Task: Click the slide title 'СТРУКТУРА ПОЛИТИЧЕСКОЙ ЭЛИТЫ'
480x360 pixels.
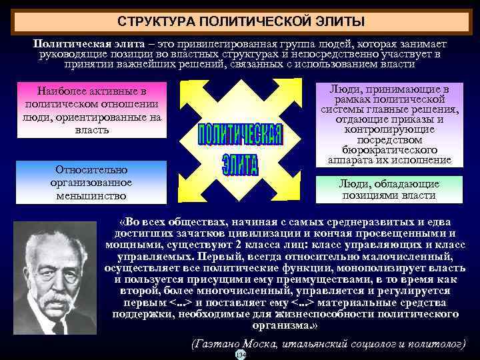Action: pos(241,22)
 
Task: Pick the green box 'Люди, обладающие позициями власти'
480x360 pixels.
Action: pos(389,189)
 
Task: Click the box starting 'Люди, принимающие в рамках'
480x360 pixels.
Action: pos(389,125)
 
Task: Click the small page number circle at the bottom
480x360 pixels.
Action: pos(241,355)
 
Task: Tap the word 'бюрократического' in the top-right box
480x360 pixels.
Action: pos(389,150)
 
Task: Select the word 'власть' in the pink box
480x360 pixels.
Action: pos(93,129)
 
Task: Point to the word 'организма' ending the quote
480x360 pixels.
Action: pos(281,326)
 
